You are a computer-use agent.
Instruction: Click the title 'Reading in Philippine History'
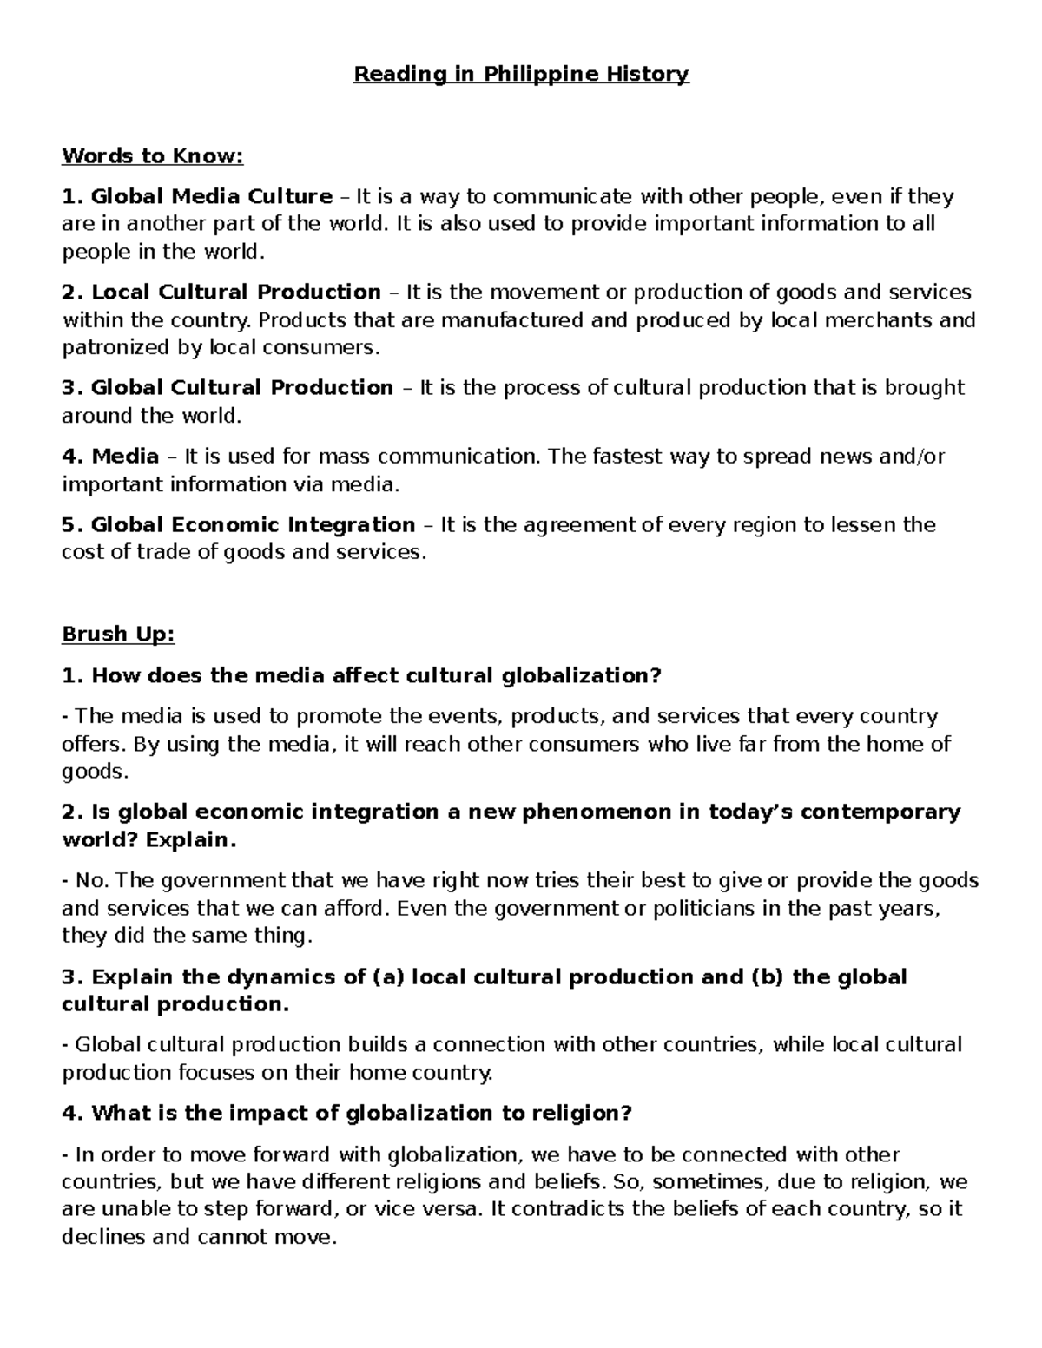pyautogui.click(x=521, y=74)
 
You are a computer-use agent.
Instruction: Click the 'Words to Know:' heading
pyautogui.click(x=153, y=156)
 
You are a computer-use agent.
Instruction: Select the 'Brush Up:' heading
pyautogui.click(x=118, y=635)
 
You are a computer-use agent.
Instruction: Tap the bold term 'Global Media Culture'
pyautogui.click(x=211, y=197)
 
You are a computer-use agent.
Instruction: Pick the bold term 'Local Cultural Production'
pyautogui.click(x=235, y=293)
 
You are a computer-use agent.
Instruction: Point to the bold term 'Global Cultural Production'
pyautogui.click(x=241, y=388)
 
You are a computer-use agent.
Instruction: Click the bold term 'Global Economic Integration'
pyautogui.click(x=253, y=525)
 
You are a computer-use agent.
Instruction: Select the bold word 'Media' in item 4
pyautogui.click(x=125, y=457)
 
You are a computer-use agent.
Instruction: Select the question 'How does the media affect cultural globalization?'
pyautogui.click(x=376, y=675)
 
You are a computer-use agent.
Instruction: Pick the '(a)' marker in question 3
pyautogui.click(x=388, y=977)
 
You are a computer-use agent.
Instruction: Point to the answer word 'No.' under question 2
pyautogui.click(x=92, y=881)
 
